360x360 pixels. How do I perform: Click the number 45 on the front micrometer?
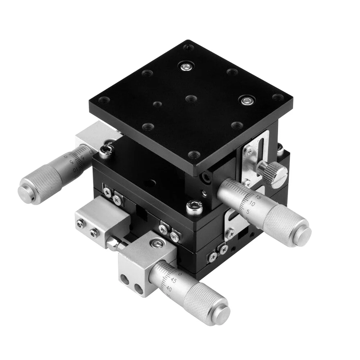tap(173, 281)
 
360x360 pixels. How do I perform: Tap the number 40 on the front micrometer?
tap(169, 288)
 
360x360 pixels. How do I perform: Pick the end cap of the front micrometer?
tap(220, 313)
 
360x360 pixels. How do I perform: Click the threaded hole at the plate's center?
tap(191, 98)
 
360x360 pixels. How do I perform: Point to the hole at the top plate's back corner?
tap(188, 47)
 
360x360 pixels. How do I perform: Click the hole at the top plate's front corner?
tap(193, 155)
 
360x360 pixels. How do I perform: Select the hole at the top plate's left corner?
tap(104, 100)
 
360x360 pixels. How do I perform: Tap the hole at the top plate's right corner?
tap(276, 97)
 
